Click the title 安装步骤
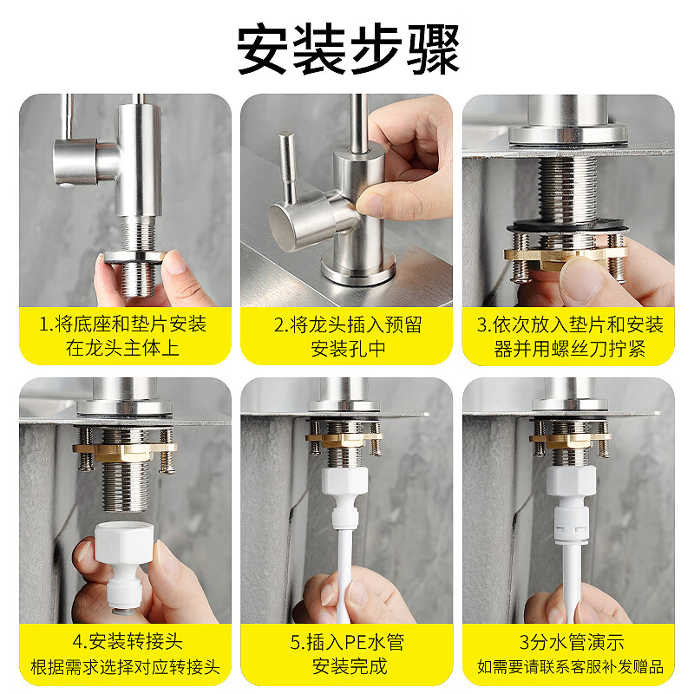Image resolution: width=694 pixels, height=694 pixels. (347, 49)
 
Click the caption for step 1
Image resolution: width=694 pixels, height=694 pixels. (125, 337)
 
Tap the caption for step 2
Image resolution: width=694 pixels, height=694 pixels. (347, 337)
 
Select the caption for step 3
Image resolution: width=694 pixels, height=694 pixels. (568, 337)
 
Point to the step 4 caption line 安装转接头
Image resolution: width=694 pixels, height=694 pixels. (125, 643)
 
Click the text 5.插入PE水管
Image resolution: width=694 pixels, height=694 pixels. (347, 643)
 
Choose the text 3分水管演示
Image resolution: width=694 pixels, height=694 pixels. (570, 643)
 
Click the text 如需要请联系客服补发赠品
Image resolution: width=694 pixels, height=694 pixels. (570, 667)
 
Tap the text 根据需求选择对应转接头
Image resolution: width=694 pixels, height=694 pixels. (125, 667)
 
